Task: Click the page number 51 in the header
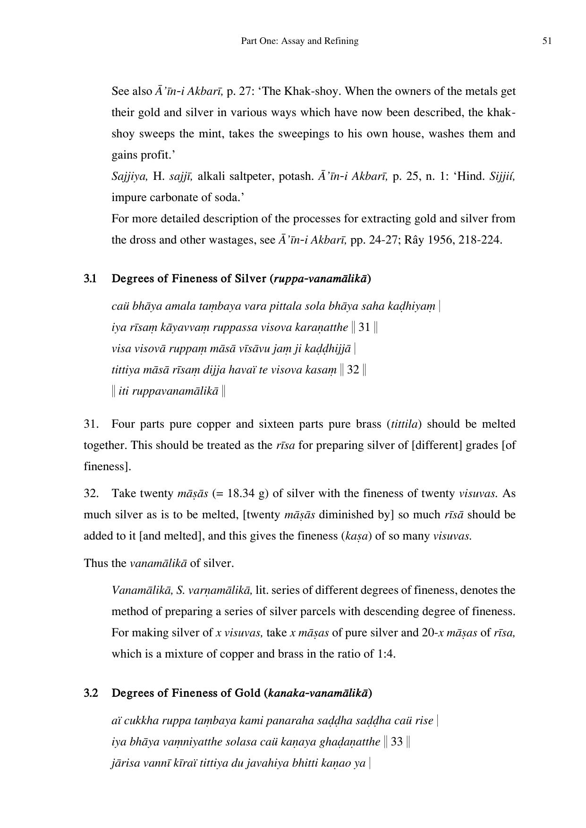(x=547, y=41)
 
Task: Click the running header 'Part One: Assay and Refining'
(x=299, y=41)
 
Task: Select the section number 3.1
(x=90, y=279)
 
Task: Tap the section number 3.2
(x=91, y=693)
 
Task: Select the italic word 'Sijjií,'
(x=502, y=176)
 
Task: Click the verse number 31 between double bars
(x=364, y=327)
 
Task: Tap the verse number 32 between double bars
(x=353, y=370)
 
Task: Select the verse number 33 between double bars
(x=397, y=742)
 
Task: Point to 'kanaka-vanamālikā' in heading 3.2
(x=318, y=693)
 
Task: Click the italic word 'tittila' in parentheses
(x=404, y=424)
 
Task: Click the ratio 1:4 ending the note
(x=385, y=654)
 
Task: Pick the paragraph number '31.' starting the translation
(x=91, y=424)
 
